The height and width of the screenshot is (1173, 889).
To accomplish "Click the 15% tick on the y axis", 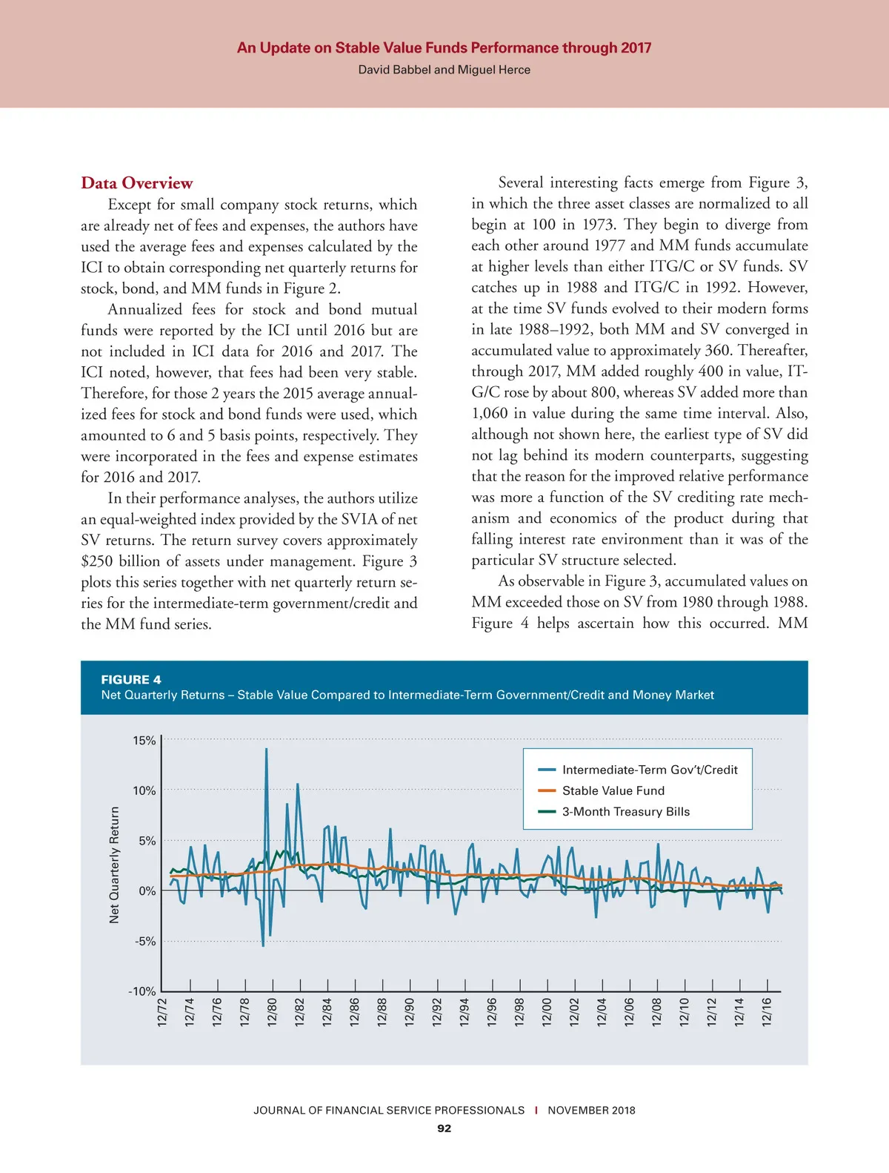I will pos(144,741).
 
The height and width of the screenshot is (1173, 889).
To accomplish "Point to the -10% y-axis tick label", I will pos(142,991).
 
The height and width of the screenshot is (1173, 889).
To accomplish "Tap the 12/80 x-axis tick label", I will pos(273,1012).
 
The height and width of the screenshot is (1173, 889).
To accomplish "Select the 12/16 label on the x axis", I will pos(768,1012).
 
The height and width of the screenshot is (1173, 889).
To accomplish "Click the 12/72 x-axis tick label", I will pos(163,1012).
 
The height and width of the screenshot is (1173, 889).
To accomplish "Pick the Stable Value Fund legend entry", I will pos(613,791).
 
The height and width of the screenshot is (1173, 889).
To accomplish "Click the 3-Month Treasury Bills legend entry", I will pos(625,812).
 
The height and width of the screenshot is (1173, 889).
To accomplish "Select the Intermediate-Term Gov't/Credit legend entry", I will pos(649,770).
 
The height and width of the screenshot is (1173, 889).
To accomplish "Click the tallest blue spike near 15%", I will pos(266,750).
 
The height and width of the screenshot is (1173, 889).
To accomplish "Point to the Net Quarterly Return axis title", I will pos(114,865).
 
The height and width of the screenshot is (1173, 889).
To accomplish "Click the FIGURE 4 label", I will pos(131,680).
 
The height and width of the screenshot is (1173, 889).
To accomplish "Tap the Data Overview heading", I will pos(137,183).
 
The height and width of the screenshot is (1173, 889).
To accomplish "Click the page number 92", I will pos(444,1129).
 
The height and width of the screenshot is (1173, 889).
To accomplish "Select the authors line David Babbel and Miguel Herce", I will pos(444,70).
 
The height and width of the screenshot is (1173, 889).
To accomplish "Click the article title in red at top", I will pos(444,48).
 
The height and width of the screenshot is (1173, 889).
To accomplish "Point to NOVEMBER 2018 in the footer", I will pos(591,1111).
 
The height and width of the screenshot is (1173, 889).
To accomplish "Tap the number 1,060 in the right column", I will pos(490,413).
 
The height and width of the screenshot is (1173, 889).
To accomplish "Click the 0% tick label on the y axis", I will pos(147,891).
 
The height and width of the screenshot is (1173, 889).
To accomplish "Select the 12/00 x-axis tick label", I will pos(547,1012).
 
